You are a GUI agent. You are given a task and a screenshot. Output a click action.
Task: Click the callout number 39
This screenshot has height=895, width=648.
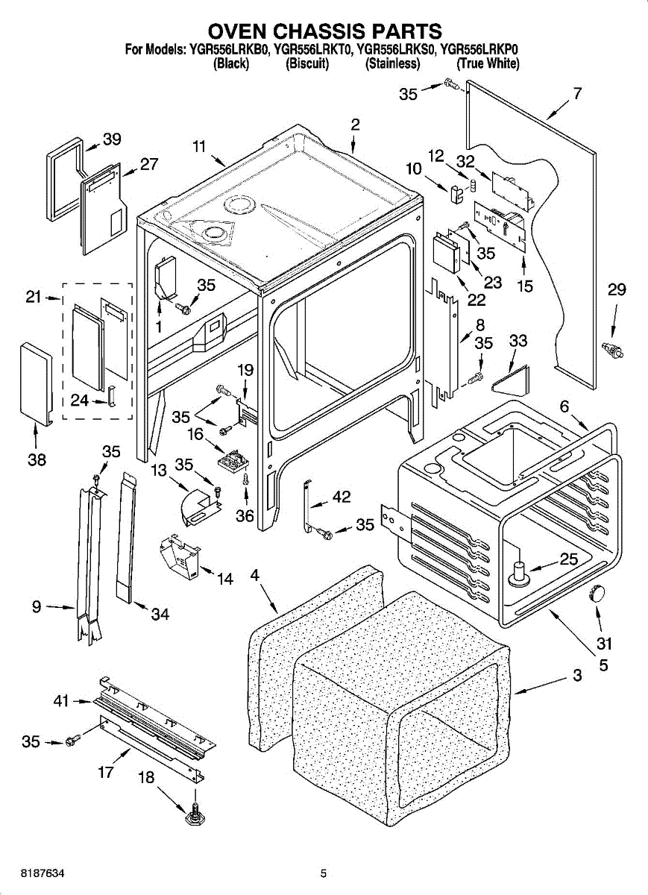pos(112,139)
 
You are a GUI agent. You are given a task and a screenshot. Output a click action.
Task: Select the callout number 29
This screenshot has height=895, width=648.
pos(617,289)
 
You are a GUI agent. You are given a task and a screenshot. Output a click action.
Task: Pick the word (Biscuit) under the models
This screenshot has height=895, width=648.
pos(307,63)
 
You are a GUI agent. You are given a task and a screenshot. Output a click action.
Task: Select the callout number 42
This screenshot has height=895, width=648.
pos(342,497)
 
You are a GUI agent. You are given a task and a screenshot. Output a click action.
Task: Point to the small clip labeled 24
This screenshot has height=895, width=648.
pos(111,396)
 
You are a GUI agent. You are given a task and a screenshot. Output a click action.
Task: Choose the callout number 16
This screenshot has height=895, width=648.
pos(196,434)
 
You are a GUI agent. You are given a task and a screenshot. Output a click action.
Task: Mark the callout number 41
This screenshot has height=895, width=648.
pos(61,701)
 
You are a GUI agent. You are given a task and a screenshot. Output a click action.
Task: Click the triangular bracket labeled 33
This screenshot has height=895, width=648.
pos(511,378)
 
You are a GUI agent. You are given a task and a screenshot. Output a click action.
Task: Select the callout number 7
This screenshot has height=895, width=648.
pos(578,92)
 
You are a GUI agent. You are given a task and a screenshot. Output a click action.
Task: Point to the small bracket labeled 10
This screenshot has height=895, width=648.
pos(456,193)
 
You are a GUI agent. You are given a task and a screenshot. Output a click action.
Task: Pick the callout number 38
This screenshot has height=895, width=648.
pos(37,460)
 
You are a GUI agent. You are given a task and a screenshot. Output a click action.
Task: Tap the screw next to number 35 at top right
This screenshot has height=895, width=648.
pos(451,84)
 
